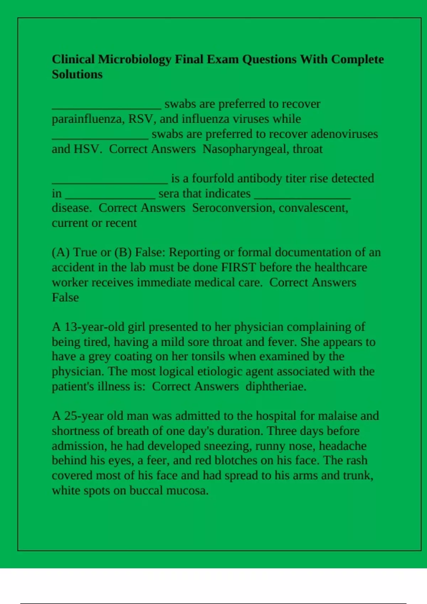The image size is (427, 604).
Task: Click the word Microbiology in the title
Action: click(135, 59)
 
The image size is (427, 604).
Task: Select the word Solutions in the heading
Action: click(77, 75)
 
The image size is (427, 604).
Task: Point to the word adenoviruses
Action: click(344, 134)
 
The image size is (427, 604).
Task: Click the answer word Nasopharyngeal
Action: click(246, 149)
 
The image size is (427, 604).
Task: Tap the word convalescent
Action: click(313, 208)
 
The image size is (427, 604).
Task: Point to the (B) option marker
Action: click(123, 252)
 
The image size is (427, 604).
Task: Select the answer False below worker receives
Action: click(65, 297)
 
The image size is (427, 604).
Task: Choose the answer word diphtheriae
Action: click(276, 387)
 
